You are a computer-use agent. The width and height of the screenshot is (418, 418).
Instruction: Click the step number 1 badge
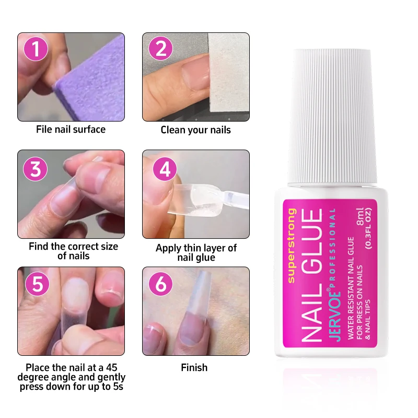coord(36,49)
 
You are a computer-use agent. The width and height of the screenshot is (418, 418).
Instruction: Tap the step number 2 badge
coord(161,48)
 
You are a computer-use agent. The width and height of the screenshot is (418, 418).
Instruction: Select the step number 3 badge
coord(35,169)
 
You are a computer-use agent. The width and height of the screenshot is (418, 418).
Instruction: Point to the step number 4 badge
coord(165,169)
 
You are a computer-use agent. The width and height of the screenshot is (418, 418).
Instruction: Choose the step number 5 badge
coord(37,284)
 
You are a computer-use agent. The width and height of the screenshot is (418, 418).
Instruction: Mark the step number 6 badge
coord(161,284)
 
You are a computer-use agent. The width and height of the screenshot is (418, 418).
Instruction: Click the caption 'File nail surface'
coord(71,130)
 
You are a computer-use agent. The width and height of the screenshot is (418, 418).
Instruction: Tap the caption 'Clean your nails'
coord(195,130)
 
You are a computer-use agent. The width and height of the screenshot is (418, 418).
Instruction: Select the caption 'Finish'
coord(194,368)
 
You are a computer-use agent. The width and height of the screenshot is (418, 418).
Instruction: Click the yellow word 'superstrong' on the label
coord(292,246)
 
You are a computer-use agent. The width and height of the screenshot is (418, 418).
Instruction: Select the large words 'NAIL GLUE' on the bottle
coord(312,275)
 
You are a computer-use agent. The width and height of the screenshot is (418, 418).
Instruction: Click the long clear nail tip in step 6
coord(196,307)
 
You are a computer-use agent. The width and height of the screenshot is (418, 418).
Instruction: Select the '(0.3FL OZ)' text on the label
coord(369,228)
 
